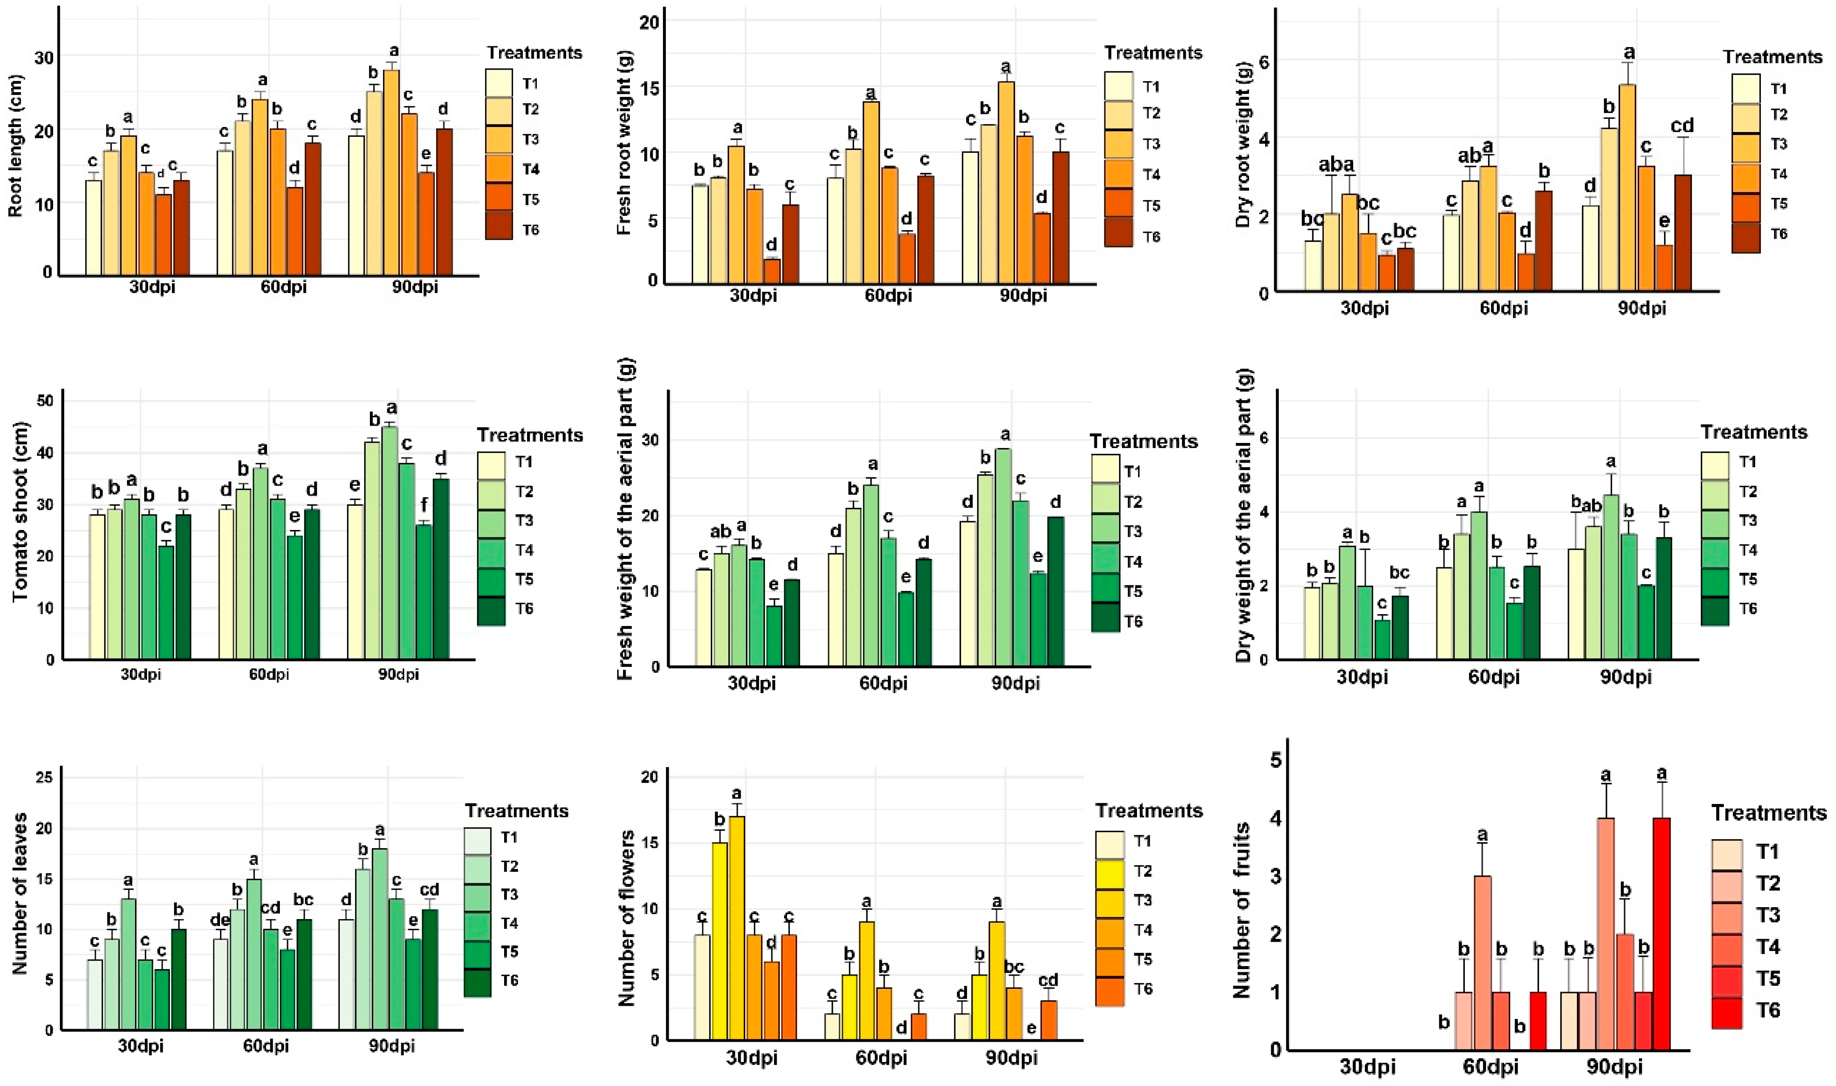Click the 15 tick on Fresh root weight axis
click(649, 88)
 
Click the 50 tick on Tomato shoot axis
click(48, 401)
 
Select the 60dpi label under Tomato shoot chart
click(268, 674)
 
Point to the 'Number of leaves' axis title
click(20, 893)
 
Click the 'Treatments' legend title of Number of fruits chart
click(1768, 813)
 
